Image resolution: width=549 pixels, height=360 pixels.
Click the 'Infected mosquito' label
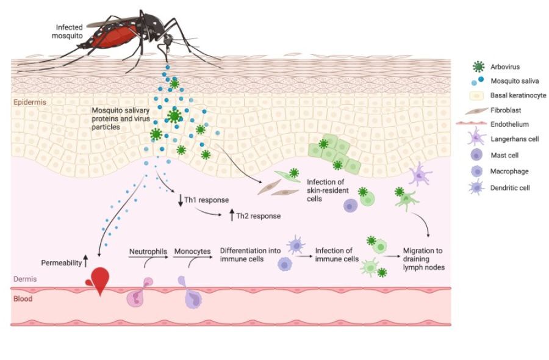(70, 31)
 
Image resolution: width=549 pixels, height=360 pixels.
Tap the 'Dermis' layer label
(25, 279)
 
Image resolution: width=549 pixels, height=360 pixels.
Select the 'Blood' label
(24, 299)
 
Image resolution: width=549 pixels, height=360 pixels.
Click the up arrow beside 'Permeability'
(85, 262)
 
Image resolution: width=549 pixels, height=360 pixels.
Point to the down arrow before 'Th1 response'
(180, 200)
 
